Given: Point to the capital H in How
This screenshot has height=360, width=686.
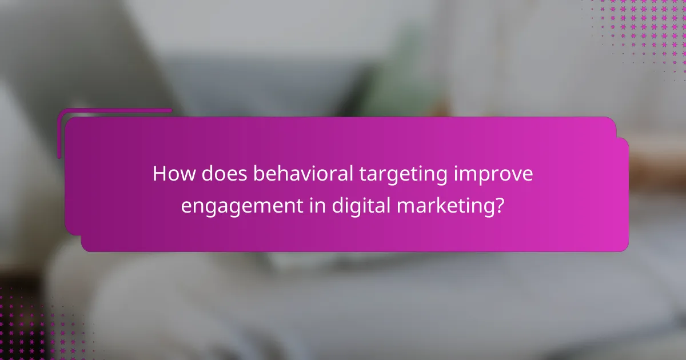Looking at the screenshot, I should pyautogui.click(x=159, y=174).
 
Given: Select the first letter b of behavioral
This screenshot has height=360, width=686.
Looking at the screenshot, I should pyautogui.click(x=258, y=174).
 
